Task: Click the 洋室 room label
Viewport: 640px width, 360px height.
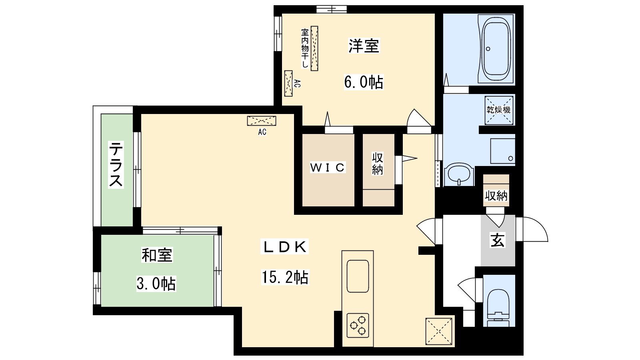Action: [x=364, y=46]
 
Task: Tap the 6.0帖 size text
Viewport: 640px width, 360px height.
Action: [x=364, y=82]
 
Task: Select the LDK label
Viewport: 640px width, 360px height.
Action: [x=284, y=247]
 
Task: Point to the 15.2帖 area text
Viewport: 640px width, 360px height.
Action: [x=285, y=277]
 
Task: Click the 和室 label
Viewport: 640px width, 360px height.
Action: [x=157, y=255]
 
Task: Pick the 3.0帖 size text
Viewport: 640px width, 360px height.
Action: [x=156, y=284]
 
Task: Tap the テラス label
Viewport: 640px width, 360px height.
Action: [x=116, y=165]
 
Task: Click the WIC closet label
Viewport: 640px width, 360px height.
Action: [x=328, y=168]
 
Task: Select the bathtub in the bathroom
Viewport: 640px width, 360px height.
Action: [x=496, y=49]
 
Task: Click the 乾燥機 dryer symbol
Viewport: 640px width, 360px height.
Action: [x=499, y=110]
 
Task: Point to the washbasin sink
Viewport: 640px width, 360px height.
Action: [x=459, y=174]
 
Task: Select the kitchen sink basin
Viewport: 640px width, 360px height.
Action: [x=358, y=276]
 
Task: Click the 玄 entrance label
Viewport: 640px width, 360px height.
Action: [x=498, y=240]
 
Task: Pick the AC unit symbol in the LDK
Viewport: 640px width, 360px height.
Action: [x=262, y=121]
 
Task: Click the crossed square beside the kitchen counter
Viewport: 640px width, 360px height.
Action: [x=439, y=331]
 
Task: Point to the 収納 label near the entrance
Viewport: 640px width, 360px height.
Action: [x=496, y=196]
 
